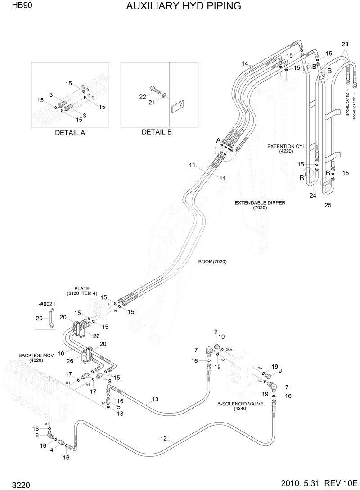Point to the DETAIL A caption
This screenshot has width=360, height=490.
pyautogui.click(x=70, y=133)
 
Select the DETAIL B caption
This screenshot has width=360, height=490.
pyautogui.click(x=157, y=132)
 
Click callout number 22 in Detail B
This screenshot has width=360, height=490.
pyautogui.click(x=142, y=97)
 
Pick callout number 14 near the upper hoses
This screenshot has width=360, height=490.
pyautogui.click(x=245, y=64)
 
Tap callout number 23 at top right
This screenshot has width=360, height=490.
pyautogui.click(x=345, y=44)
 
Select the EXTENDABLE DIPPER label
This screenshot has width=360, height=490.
pyautogui.click(x=260, y=203)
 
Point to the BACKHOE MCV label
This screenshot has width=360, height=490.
pyautogui.click(x=36, y=355)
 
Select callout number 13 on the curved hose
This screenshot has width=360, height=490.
pyautogui.click(x=155, y=399)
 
